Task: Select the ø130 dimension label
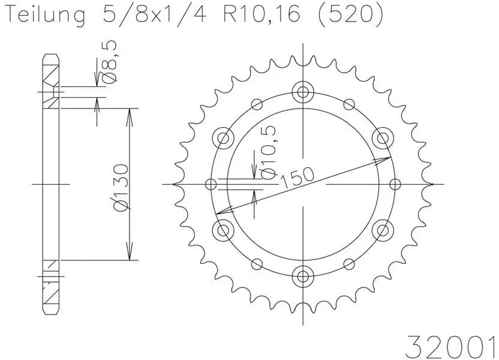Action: point(121,187)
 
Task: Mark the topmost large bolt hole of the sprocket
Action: point(303,92)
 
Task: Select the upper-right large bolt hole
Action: point(382,139)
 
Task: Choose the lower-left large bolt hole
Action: point(224,229)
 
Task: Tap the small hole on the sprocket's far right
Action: point(395,184)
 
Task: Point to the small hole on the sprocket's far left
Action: point(211,184)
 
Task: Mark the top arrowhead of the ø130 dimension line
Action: point(129,114)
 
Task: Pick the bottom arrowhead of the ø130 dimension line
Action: point(129,254)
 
